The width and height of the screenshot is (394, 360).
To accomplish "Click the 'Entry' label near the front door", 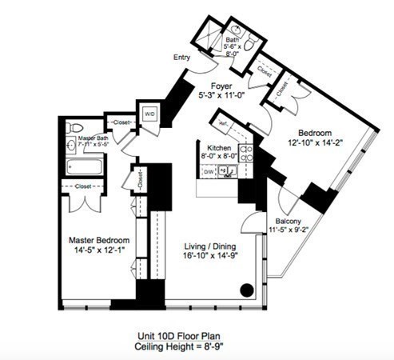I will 181,58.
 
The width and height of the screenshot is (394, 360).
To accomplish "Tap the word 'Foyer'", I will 221,86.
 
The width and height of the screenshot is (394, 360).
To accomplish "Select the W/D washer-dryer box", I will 149,114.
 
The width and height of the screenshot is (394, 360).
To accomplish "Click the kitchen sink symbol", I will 228,170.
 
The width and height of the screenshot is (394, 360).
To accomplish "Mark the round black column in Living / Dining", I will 248,290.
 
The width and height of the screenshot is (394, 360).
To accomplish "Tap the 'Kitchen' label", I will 219,149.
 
